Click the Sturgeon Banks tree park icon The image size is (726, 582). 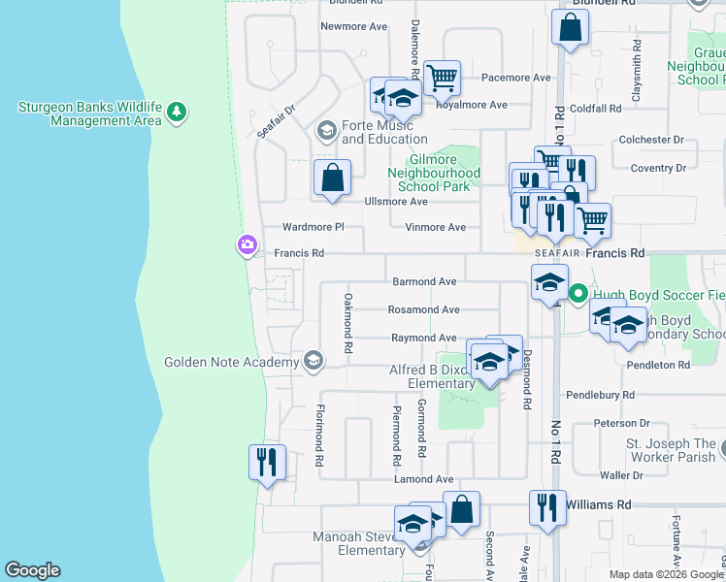pos(176,113)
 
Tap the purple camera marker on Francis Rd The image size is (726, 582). pos(247,246)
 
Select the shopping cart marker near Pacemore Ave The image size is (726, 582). pos(442,77)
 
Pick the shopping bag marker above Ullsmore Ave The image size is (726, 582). pos(332,178)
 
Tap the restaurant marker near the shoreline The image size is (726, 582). pos(267,462)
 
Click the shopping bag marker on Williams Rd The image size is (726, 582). pos(462,508)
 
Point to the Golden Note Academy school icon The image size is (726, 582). pos(313,362)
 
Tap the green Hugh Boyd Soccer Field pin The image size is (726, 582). pos(578,293)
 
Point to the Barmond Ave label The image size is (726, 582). pos(423,281)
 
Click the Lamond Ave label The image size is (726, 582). pos(423,479)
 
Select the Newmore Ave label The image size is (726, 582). pos(354,26)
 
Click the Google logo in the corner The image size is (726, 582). pos(32,570)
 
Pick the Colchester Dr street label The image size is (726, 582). pos(651,140)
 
